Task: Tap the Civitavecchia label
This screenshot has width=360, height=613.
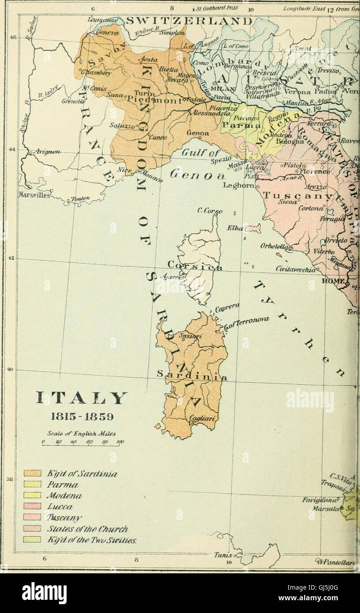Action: (x=296, y=268)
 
